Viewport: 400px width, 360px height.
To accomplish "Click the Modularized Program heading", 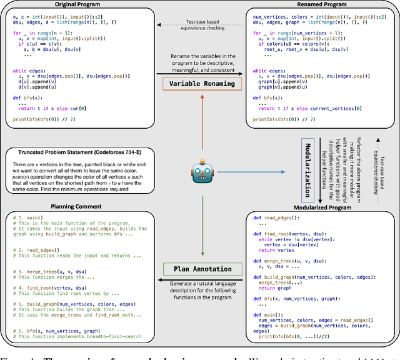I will pos(320,207).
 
